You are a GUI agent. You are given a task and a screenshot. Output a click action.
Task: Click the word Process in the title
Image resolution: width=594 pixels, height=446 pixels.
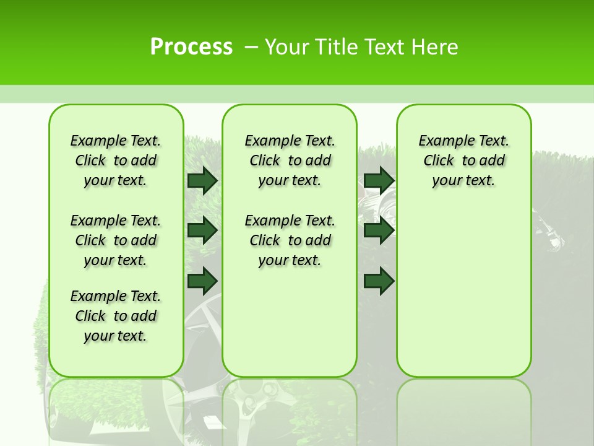coord(191,47)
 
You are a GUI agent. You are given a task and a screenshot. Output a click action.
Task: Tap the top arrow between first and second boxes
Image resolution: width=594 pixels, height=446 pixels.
coord(202,180)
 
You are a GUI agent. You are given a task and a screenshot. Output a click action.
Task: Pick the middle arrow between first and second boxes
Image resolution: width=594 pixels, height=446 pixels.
coord(202,230)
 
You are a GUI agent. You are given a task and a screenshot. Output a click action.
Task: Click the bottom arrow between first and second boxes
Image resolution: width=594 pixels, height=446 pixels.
coord(202,281)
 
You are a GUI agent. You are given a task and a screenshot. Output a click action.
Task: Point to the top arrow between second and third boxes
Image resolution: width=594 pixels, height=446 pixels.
coord(379,180)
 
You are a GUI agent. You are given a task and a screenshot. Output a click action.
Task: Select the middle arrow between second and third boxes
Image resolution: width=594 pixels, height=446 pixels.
coord(379,230)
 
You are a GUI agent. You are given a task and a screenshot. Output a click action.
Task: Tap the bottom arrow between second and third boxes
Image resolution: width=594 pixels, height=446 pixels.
coord(379,281)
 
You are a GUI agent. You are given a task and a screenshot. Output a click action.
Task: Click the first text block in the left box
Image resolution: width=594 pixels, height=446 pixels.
coord(116,160)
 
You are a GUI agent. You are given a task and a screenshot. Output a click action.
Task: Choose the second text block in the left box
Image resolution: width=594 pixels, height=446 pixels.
coord(116,240)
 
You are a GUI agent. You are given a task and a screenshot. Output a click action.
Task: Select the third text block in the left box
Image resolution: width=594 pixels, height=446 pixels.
coord(116,316)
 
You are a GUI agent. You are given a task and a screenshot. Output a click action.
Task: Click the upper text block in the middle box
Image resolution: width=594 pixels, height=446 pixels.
coord(290,160)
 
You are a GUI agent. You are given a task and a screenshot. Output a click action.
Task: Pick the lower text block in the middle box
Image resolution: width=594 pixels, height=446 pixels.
coord(290,240)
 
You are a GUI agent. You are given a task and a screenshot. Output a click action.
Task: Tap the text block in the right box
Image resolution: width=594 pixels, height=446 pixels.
coord(463,160)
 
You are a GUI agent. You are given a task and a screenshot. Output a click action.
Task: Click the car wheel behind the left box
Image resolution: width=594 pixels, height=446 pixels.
coord(201,322)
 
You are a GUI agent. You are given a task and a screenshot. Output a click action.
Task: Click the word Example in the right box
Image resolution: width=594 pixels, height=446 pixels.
coord(443,141)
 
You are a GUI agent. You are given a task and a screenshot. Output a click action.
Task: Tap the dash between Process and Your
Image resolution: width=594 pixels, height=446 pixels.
coord(251,47)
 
